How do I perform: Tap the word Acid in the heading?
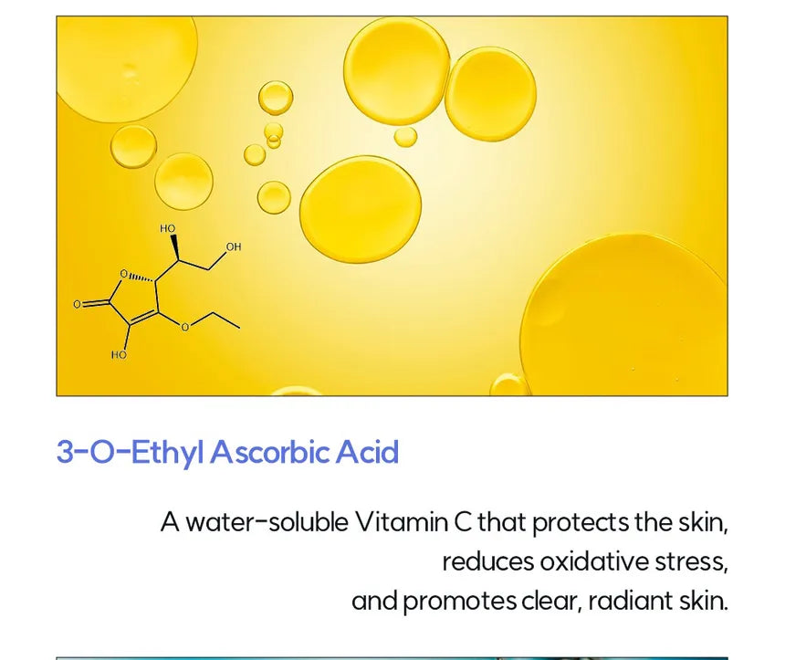pyautogui.click(x=367, y=452)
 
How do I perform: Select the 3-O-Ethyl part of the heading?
pyautogui.click(x=131, y=453)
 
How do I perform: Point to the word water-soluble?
pyautogui.click(x=267, y=522)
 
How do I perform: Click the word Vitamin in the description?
pyautogui.click(x=402, y=522)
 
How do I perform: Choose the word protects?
pyautogui.click(x=580, y=524)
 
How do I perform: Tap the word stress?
pyautogui.click(x=691, y=562)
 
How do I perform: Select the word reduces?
pyautogui.click(x=488, y=561)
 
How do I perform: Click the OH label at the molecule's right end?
pyautogui.click(x=234, y=246)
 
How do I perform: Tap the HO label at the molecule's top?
pyautogui.click(x=168, y=229)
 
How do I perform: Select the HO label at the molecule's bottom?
pyautogui.click(x=119, y=355)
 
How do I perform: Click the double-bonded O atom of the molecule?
pyautogui.click(x=77, y=304)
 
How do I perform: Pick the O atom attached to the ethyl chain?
pyautogui.click(x=185, y=328)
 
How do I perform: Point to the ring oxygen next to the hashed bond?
pyautogui.click(x=124, y=274)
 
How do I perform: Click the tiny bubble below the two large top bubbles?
pyautogui.click(x=405, y=137)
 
